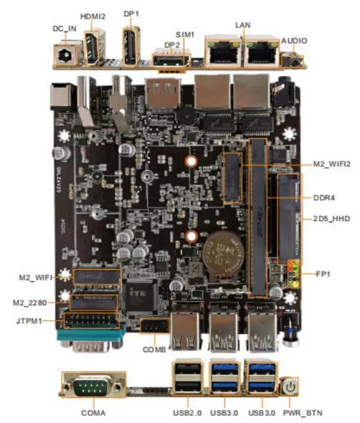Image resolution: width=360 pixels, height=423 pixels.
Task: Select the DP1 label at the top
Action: coord(131,13)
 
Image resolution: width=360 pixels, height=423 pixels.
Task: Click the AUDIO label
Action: coord(295,41)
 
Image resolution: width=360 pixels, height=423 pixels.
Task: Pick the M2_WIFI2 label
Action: coord(332,164)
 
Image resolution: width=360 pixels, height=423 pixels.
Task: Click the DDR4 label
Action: coord(324,197)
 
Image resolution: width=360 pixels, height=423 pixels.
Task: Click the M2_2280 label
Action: coord(30,302)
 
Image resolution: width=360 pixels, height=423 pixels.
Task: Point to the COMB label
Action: coord(154,350)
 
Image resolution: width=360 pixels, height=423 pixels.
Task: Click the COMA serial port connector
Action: coord(93,388)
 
